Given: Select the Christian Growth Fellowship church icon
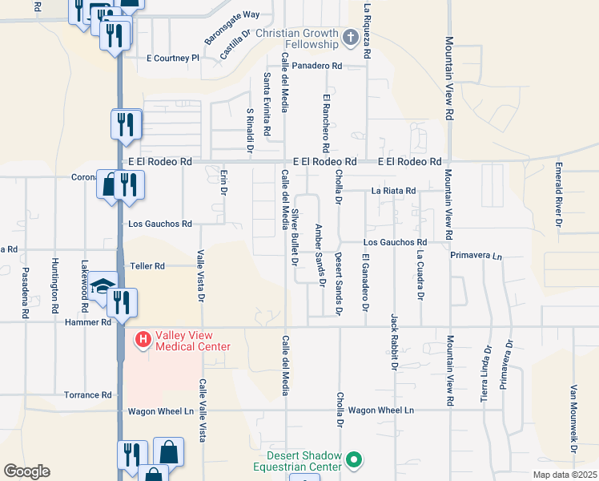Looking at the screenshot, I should (x=350, y=38).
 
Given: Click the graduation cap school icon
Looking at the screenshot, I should (x=103, y=286).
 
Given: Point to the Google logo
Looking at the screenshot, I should (x=26, y=471).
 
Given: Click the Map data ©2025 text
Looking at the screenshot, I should (x=565, y=475).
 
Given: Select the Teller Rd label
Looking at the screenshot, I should (x=147, y=265).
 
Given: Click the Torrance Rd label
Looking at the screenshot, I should (x=89, y=395).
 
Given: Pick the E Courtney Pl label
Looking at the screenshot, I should (x=172, y=59).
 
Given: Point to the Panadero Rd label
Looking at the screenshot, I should (x=316, y=66).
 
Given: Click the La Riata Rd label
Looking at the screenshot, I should (x=393, y=191).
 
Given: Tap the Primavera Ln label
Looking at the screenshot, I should (x=476, y=256).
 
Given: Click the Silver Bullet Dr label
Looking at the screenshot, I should (x=295, y=236).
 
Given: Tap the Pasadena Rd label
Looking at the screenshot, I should (x=25, y=293).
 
